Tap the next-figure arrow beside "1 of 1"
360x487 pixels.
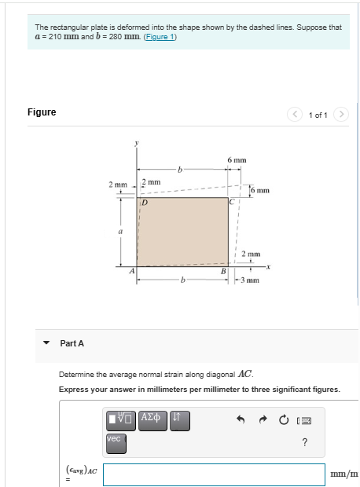341,115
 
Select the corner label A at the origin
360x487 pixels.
132,271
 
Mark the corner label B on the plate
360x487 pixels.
223,272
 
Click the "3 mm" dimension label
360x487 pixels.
250,280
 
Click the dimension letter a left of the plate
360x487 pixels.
120,233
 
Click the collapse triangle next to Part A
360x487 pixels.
46,343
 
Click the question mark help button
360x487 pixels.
304,443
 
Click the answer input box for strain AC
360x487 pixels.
214,474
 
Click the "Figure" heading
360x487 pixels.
42,112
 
